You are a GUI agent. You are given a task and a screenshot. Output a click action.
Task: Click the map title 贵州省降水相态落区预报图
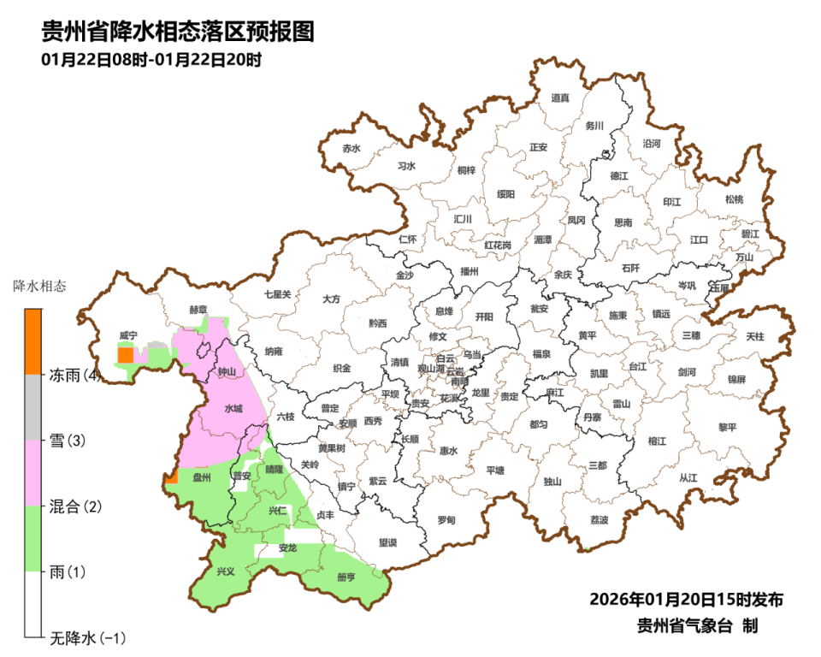coord(179,32)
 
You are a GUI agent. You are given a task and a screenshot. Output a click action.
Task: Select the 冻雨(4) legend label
coord(75,376)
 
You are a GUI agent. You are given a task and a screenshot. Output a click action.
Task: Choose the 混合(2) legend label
coord(75,506)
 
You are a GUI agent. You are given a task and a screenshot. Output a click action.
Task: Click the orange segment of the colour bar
coord(32,341)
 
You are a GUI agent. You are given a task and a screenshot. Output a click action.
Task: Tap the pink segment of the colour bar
coord(32,472)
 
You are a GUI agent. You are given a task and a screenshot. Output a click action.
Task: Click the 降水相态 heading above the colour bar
coord(39,285)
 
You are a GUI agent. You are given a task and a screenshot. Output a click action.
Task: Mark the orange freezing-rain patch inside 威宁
coord(125,355)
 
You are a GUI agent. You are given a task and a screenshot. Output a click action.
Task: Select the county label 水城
coord(233,409)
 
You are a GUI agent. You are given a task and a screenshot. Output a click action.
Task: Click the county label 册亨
coord(346,577)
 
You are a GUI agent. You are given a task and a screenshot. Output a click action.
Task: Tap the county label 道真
coord(560,98)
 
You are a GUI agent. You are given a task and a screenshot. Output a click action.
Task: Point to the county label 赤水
coord(351,148)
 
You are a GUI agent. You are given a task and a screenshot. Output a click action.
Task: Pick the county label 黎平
coord(727,427)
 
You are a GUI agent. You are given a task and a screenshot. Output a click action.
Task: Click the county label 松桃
coord(734,199)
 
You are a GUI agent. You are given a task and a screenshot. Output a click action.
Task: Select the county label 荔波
coord(600,519)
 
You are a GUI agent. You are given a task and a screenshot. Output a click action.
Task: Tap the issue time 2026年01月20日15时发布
coord(686,599)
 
